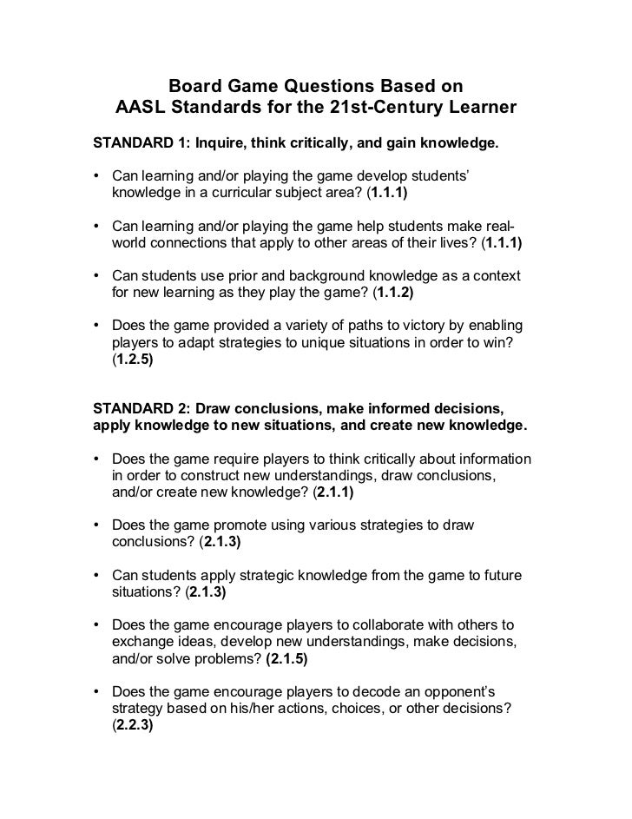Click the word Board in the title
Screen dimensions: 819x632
pos(194,87)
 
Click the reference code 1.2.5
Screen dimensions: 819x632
pos(133,358)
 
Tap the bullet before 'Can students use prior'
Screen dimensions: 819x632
pos(98,276)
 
